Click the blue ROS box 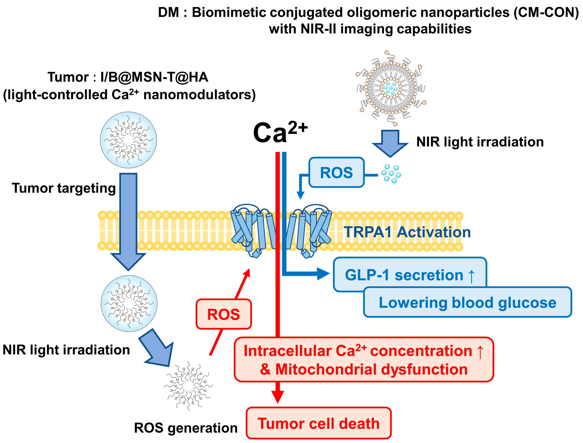point(336,172)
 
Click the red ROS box point(224,314)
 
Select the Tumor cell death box point(319,423)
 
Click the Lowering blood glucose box point(467,302)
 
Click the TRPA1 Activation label point(407,232)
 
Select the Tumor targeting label point(64,188)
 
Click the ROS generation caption point(186,428)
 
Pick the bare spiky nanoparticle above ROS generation point(188,386)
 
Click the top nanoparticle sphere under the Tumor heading point(128,140)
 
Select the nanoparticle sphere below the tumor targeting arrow point(129,303)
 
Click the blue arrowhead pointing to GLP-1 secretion point(323,274)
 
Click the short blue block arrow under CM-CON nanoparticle point(390,143)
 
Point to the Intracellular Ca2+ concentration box point(364,359)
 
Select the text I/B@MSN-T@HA point(154,77)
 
